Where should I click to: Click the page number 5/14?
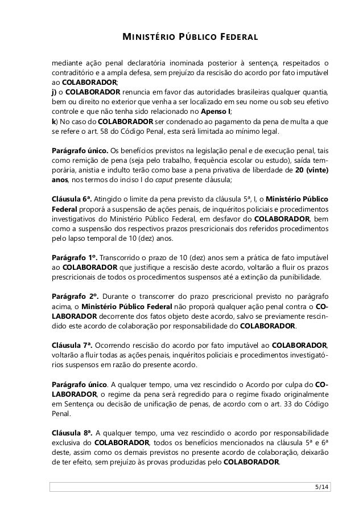tap(321, 488)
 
